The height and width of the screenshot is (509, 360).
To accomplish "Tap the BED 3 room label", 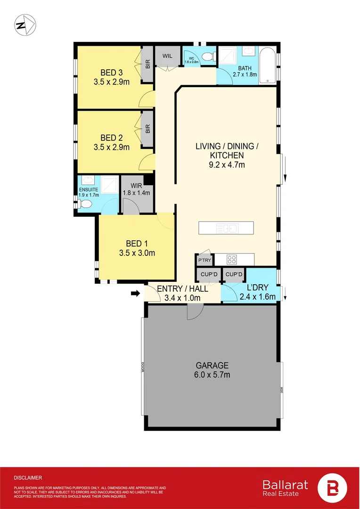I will (x=112, y=73).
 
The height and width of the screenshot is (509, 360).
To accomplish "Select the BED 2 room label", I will (x=112, y=138).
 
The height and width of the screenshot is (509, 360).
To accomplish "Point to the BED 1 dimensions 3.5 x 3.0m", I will (x=137, y=253).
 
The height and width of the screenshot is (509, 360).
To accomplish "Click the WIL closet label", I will (x=168, y=56).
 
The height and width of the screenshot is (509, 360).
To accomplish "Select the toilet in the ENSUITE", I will (x=86, y=204).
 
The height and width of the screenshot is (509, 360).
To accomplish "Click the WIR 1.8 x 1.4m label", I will (x=136, y=189).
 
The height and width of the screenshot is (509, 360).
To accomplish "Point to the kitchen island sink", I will (x=227, y=229).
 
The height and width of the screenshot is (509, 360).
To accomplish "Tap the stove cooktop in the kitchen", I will (x=232, y=259).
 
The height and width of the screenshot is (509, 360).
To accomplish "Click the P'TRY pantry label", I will (x=205, y=260).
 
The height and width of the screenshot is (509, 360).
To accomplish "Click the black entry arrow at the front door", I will (x=135, y=294).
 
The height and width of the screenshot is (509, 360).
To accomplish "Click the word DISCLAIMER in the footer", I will (x=28, y=477).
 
